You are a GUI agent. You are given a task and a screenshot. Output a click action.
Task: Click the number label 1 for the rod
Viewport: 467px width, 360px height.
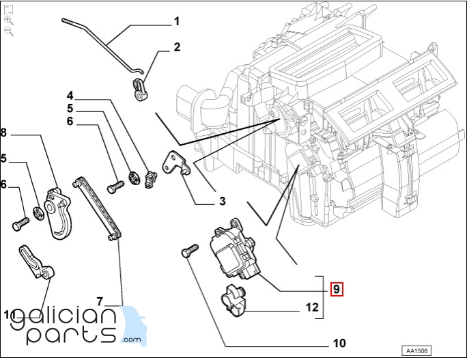pyautogui.click(x=177, y=21)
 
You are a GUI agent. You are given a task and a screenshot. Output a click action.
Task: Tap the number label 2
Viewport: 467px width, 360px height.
pyautogui.click(x=177, y=47)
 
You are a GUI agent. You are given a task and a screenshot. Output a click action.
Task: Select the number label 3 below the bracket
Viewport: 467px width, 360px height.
pyautogui.click(x=222, y=201)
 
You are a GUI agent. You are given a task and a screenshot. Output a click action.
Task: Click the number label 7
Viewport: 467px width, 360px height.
pyautogui.click(x=99, y=301)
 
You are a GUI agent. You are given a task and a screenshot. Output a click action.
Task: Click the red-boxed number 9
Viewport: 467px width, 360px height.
pyautogui.click(x=336, y=289)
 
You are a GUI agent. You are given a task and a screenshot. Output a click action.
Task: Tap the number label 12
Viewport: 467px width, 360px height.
pyautogui.click(x=311, y=307)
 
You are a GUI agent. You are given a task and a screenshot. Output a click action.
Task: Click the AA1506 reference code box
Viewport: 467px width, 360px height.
pyautogui.click(x=416, y=350)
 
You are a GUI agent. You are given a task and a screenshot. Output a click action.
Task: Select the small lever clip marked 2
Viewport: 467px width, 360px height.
pyautogui.click(x=141, y=89)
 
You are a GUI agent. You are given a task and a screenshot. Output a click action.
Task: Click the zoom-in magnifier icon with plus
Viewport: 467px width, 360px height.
pyautogui.click(x=9, y=20)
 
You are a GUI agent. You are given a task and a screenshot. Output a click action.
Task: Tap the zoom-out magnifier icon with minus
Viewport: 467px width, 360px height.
pyautogui.click(x=9, y=31)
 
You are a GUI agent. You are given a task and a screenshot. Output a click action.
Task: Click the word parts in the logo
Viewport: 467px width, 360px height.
pyautogui.click(x=72, y=333)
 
